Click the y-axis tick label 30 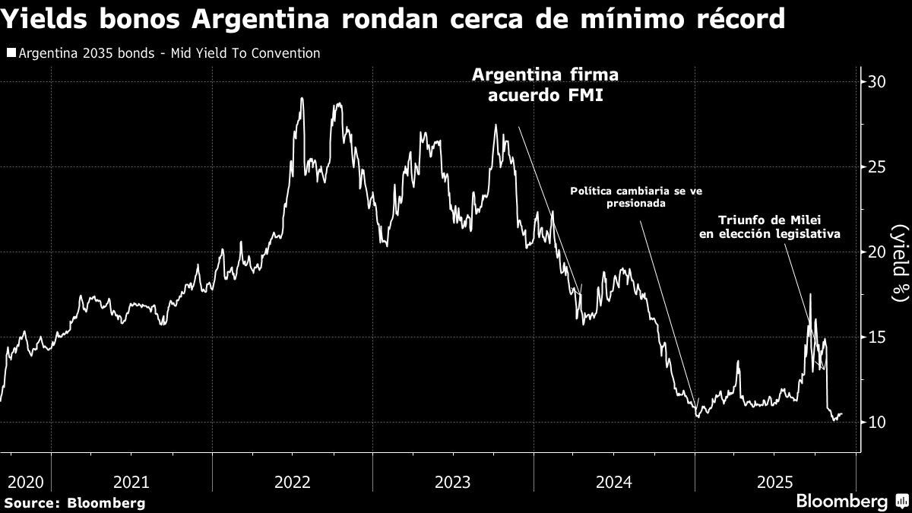click(878, 82)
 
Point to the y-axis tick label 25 click(878, 167)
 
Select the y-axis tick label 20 click(878, 252)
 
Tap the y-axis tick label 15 click(878, 337)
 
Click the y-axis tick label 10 click(878, 422)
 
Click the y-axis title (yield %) click(900, 261)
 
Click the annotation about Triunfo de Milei click(769, 226)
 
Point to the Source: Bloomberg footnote click(74, 502)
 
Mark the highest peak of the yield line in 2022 click(302, 98)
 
